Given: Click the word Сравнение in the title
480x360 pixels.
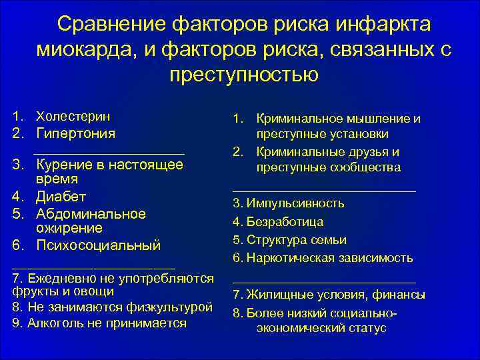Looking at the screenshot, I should pyautogui.click(x=107, y=24).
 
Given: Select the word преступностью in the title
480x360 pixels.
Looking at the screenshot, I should pyautogui.click(x=244, y=73).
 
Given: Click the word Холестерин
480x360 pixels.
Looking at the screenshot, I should pyautogui.click(x=73, y=116).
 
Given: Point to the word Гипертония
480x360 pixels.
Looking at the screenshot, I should pyautogui.click(x=75, y=133).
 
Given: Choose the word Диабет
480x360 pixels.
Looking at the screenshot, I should pyautogui.click(x=61, y=197).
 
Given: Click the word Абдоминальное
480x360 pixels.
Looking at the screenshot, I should pyautogui.click(x=91, y=214).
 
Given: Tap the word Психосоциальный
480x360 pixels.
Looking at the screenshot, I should pyautogui.click(x=99, y=245).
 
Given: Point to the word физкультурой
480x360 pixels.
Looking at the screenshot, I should pyautogui.click(x=172, y=307).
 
